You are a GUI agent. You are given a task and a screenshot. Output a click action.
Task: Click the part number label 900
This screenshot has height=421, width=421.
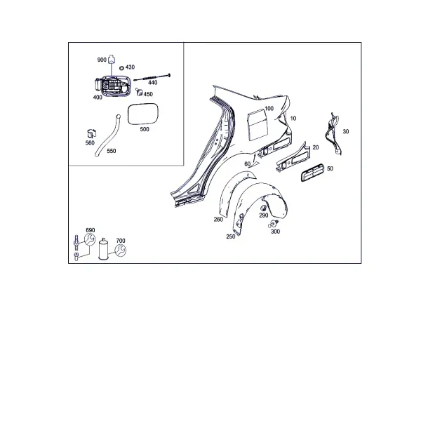tap(102, 60)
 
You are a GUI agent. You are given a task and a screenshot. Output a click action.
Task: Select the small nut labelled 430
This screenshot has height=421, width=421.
tap(121, 67)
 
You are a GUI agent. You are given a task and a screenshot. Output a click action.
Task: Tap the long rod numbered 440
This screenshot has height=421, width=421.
tap(152, 77)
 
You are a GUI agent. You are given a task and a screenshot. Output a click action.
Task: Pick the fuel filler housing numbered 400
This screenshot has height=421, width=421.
tap(113, 85)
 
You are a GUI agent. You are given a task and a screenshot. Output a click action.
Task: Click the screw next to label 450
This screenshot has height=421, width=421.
tap(139, 91)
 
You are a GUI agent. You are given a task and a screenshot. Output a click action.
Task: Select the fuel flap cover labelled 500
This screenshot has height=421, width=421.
tap(143, 114)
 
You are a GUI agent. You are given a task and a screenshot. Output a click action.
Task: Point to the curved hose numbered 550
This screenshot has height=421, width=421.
tap(107, 136)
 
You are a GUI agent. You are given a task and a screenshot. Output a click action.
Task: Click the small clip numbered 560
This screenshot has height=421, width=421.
tap(92, 133)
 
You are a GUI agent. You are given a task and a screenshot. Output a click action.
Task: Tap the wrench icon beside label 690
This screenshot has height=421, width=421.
tap(90, 239)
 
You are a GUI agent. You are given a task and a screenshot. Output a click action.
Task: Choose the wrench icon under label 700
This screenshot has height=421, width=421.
tap(120, 250)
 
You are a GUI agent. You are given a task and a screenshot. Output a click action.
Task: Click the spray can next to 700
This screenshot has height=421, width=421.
tap(103, 249)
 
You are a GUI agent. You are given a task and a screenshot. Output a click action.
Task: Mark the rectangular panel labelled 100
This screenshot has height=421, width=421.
tap(258, 125)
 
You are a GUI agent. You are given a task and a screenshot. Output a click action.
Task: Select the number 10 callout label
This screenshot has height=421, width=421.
tap(293, 119)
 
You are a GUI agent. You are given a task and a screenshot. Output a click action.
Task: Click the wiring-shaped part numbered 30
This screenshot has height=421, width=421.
tap(333, 134)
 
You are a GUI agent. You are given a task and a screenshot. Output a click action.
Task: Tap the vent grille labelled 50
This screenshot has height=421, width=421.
tap(312, 172)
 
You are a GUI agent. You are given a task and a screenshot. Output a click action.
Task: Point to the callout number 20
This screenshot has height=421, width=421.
tap(316, 147)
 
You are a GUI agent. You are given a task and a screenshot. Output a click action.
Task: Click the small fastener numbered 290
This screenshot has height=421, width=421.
tap(264, 208)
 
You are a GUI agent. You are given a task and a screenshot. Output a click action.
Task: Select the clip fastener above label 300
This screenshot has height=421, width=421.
tap(274, 224)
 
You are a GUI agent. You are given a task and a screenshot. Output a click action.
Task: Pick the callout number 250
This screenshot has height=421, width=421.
tap(231, 236)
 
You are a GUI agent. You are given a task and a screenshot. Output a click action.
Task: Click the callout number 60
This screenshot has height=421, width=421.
tap(247, 163)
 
